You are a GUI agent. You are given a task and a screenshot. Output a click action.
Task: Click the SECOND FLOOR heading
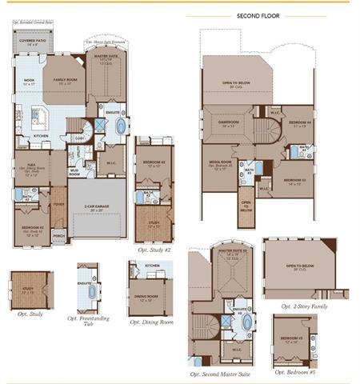tap(258, 15)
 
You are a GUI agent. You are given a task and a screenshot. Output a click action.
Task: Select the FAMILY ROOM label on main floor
tap(66, 81)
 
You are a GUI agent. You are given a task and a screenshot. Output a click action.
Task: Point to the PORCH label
tap(58, 235)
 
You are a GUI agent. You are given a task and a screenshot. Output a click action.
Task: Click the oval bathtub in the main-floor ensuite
tap(121, 126)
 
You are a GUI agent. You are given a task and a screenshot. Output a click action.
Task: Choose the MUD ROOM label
tap(74, 172)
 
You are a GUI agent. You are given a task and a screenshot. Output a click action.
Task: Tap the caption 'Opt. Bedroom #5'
tap(295, 372)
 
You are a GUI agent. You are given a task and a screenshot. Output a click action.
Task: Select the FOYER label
tap(58, 203)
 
